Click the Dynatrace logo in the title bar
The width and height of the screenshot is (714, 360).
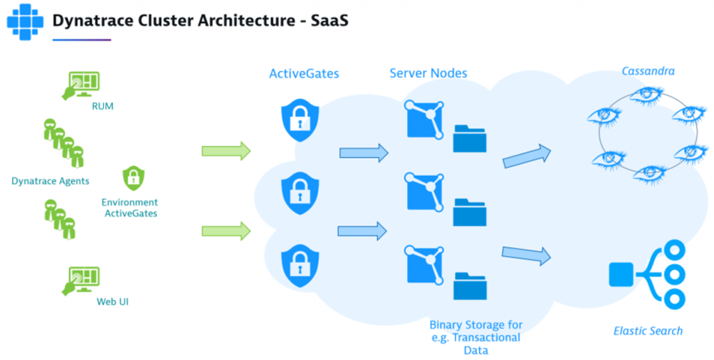click(x=25, y=20)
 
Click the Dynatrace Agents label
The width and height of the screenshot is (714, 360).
click(x=50, y=181)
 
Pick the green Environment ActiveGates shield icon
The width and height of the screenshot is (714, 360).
click(x=132, y=179)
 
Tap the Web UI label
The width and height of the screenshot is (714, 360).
click(x=112, y=302)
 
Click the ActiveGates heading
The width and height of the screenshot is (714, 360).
click(x=304, y=73)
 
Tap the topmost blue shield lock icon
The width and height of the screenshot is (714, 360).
click(x=300, y=118)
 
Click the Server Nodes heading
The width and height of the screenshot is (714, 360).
click(x=428, y=73)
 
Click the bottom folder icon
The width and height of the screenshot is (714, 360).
click(x=470, y=285)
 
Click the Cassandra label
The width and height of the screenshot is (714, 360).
click(x=648, y=71)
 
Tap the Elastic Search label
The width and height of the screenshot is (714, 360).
click(x=648, y=331)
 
